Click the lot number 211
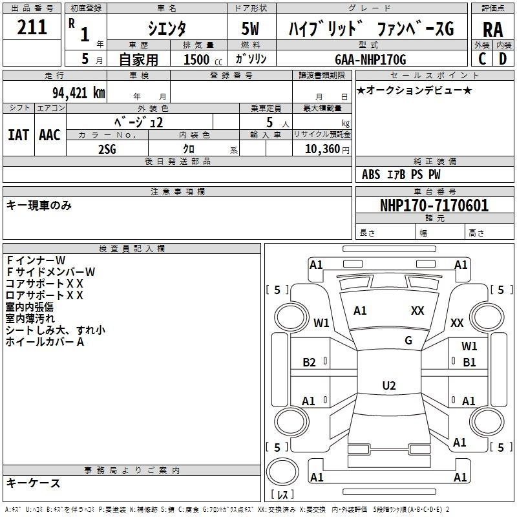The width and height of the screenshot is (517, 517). tap(32, 27)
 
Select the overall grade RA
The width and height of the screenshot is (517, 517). tap(493, 30)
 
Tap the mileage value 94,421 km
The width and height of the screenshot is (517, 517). tap(79, 93)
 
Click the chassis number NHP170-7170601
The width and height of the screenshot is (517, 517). tap(434, 206)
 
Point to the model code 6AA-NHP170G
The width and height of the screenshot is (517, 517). tap(370, 59)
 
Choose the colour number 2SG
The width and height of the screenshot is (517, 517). tap(107, 149)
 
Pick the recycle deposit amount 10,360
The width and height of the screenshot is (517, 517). tap(322, 149)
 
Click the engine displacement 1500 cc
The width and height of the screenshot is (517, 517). tap(203, 59)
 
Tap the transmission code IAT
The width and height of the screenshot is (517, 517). tap(18, 135)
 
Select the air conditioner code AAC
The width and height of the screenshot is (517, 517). tap(50, 135)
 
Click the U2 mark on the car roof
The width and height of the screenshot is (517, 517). tap(389, 385)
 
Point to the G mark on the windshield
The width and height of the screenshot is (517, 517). tap(408, 340)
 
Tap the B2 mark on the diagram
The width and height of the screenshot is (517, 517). tap(309, 363)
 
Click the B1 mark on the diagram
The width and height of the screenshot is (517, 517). tap(469, 363)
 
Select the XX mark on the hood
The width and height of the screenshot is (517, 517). tap(417, 310)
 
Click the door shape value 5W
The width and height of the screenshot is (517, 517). tap(250, 28)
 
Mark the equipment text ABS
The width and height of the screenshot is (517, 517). tap(371, 174)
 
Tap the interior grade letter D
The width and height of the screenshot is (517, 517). tap(503, 59)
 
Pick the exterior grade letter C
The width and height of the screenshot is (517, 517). tap(482, 59)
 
